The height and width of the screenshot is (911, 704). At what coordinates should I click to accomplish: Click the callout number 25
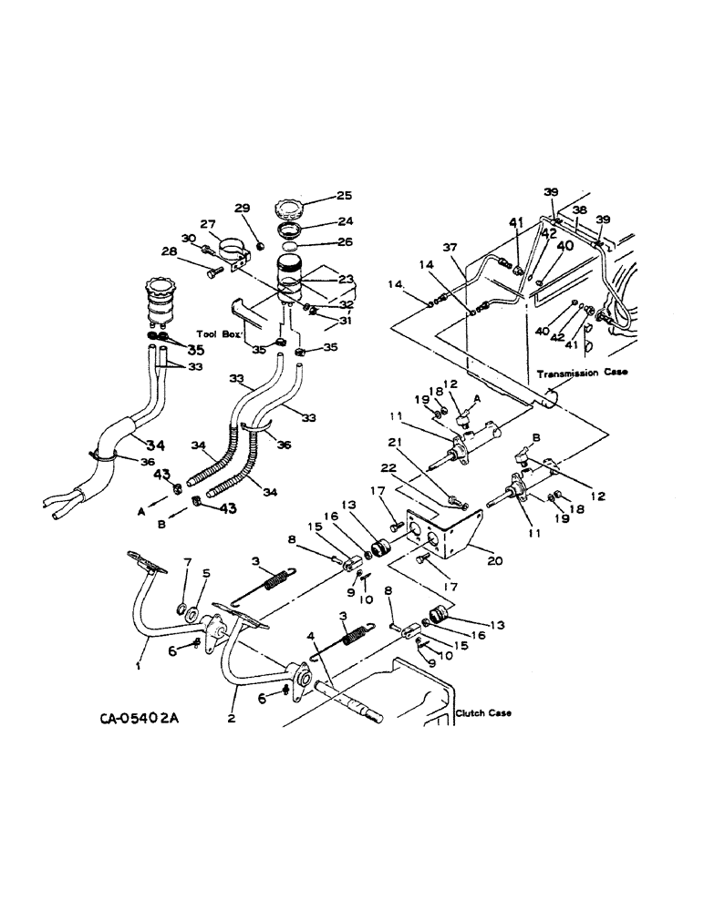319,194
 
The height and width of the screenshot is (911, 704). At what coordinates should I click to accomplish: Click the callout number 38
580,209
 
